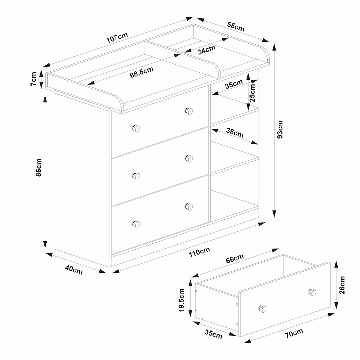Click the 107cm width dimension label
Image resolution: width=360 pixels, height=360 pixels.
point(117,37)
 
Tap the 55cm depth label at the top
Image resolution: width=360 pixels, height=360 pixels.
point(236,26)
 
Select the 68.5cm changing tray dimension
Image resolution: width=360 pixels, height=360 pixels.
point(142,72)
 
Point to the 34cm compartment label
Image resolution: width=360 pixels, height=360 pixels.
point(207,49)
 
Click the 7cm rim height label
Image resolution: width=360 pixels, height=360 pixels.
point(34,79)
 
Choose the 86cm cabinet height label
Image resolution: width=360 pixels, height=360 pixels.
point(39,168)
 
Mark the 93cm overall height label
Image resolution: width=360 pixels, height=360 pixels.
point(280,129)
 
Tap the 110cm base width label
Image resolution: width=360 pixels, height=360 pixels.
point(199,252)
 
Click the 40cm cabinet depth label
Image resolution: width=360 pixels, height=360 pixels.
point(74,270)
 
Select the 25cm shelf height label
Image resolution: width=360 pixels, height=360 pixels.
point(252,93)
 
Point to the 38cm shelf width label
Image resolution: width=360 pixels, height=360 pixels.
point(235,133)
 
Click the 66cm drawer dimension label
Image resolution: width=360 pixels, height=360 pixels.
point(235,259)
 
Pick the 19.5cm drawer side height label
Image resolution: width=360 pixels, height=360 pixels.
point(182,300)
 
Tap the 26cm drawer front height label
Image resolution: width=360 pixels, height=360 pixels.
point(342,285)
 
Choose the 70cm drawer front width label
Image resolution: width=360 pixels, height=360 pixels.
point(294,333)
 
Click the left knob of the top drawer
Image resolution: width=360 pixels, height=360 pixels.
point(136,128)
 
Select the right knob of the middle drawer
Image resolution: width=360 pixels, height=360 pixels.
point(189,159)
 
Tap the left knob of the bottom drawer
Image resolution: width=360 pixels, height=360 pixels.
point(136,224)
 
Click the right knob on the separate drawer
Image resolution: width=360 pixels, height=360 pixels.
point(312,292)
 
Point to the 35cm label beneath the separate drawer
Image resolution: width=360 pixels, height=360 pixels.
point(214,334)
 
